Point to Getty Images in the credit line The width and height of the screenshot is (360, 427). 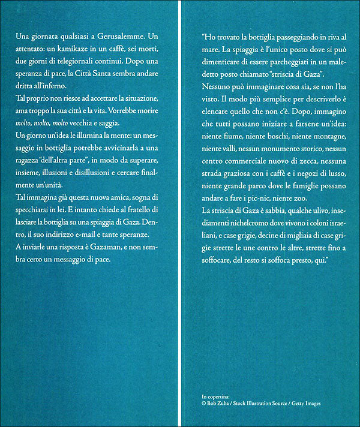304,404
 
